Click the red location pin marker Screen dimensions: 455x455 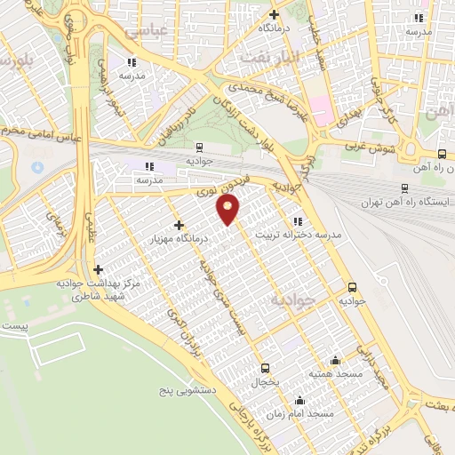pyautogui.click(x=228, y=210)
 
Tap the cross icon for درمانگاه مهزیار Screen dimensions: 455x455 pyautogui.click(x=180, y=225)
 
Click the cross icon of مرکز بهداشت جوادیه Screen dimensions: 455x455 pyautogui.click(x=98, y=268)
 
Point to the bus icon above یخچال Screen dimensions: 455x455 pyautogui.click(x=265, y=367)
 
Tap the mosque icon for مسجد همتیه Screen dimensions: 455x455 pyautogui.click(x=335, y=360)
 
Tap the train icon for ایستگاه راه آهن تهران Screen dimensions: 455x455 pyautogui.click(x=405, y=189)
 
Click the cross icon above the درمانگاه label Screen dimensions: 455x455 pyautogui.click(x=274, y=15)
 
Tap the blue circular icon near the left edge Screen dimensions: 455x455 pyautogui.click(x=37, y=167)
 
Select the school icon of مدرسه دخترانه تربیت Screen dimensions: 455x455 pyautogui.click(x=296, y=222)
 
